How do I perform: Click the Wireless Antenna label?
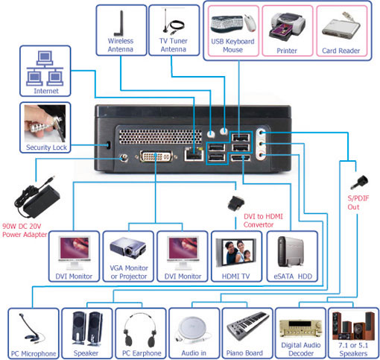pyautogui.click(x=121, y=45)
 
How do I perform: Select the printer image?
pyautogui.click(x=287, y=27)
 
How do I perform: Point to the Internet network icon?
pyautogui.click(x=45, y=68)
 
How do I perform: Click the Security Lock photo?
pyautogui.click(x=45, y=124)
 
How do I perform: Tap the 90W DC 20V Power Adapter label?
pyautogui.click(x=25, y=230)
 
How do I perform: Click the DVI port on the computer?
pyautogui.click(x=156, y=157)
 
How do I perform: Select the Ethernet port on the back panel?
pyautogui.click(x=194, y=154)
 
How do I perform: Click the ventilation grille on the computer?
pyautogui.click(x=160, y=136)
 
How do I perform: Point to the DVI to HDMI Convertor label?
pyautogui.click(x=263, y=221)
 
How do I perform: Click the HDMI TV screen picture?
pyautogui.click(x=235, y=253)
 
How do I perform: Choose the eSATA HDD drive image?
pyautogui.click(x=291, y=252)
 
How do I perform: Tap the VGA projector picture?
pyautogui.click(x=128, y=248)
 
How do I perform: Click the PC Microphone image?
pyautogui.click(x=32, y=328)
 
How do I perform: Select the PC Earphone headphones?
pyautogui.click(x=140, y=330)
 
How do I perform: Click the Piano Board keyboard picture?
pyautogui.click(x=248, y=326)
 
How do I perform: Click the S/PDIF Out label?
pyautogui.click(x=358, y=203)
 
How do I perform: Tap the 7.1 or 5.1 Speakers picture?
pyautogui.click(x=353, y=326)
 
